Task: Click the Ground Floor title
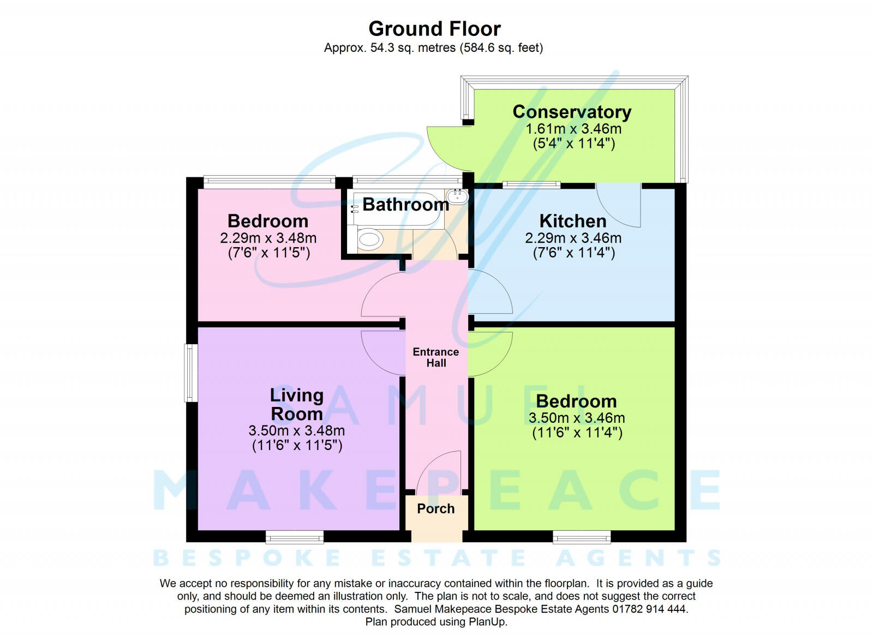click(434, 28)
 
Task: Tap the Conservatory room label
click(572, 112)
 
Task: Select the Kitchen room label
click(573, 221)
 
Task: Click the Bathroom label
click(405, 205)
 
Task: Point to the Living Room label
click(297, 404)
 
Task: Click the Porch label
click(435, 508)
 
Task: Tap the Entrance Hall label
click(436, 357)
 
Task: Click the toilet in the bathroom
click(370, 239)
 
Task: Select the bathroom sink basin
click(457, 196)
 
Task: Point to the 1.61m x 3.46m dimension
click(573, 129)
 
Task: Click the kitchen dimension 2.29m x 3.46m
click(573, 238)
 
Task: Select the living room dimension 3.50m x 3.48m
click(297, 431)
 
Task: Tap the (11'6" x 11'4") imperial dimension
click(577, 433)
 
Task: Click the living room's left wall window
click(190, 373)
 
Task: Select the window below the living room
click(295, 537)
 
